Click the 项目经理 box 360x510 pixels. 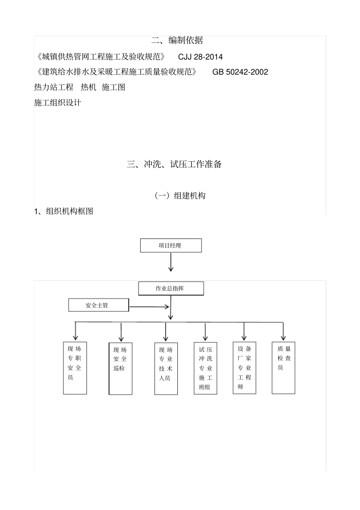pyautogui.click(x=171, y=245)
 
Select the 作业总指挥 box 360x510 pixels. pyautogui.click(x=171, y=288)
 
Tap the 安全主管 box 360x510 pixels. pyautogui.click(x=98, y=305)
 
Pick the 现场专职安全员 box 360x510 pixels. pyautogui.click(x=75, y=368)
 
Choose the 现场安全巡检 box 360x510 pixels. pyautogui.click(x=121, y=369)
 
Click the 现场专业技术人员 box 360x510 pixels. pyautogui.click(x=166, y=369)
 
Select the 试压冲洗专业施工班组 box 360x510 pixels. pyautogui.click(x=205, y=368)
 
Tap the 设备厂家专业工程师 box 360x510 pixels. pyautogui.click(x=244, y=368)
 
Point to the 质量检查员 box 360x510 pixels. pyautogui.click(x=283, y=368)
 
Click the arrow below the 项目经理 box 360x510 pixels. pyautogui.click(x=171, y=262)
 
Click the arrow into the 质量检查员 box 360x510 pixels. pyautogui.click(x=283, y=331)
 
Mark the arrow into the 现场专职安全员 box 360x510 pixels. pyautogui.click(x=76, y=331)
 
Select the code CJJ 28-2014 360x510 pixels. pyautogui.click(x=200, y=57)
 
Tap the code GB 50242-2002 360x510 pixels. pyautogui.click(x=240, y=72)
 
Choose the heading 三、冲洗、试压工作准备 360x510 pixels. pyautogui.click(x=174, y=164)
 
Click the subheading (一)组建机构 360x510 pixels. pyautogui.click(x=180, y=196)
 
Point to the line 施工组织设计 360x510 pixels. pyautogui.click(x=58, y=102)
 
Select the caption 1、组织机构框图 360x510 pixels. pyautogui.click(x=64, y=211)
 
